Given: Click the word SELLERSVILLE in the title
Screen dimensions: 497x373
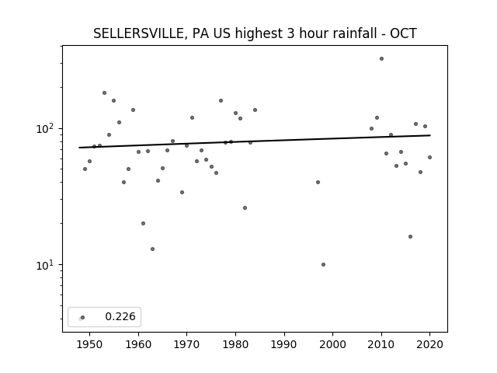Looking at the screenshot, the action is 137,33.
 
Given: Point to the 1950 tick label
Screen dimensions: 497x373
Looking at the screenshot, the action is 90,344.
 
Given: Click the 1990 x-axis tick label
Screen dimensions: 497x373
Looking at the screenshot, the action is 284,344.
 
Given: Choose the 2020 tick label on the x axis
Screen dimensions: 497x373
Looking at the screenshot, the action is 429,344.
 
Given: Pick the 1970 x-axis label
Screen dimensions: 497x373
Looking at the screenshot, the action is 186,344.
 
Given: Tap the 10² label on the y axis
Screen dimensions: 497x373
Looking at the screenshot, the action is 46,128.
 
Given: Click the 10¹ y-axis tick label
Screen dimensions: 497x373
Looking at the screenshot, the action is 46,265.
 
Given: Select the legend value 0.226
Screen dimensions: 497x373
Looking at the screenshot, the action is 120,316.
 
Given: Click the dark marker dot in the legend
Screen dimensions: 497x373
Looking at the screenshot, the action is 83,317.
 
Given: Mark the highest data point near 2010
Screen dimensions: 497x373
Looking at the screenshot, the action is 381,59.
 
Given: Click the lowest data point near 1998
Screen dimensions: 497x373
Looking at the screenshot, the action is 323,264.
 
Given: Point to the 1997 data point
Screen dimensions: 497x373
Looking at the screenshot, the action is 318,182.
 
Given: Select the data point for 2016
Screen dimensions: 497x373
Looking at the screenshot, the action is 411,236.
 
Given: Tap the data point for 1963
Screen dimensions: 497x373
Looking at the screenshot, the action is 152,249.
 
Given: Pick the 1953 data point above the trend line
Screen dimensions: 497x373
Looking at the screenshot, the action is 104,93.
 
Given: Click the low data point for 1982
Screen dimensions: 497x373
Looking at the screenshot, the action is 245,208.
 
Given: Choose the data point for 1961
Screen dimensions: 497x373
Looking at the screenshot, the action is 143,223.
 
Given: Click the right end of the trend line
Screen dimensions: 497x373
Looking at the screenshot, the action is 430,135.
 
